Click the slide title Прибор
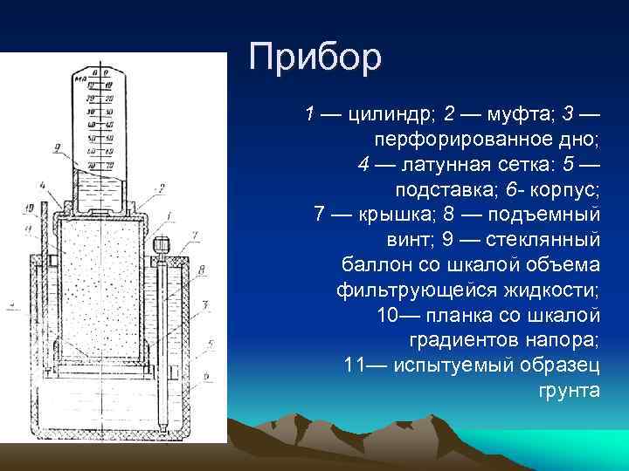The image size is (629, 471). (315, 57)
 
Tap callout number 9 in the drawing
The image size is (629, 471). (57, 149)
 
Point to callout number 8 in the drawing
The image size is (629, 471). (201, 271)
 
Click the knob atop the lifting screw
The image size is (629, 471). (160, 244)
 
